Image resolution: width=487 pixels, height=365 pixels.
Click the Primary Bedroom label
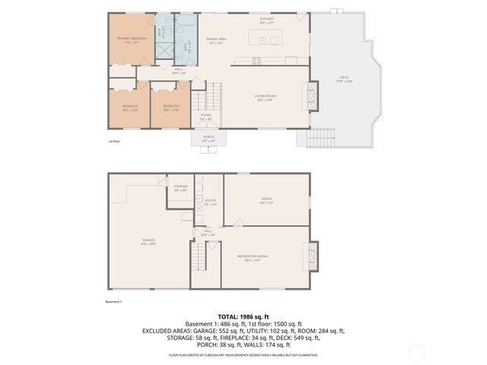click(132, 40)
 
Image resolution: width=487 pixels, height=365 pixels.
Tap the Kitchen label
click(266, 20)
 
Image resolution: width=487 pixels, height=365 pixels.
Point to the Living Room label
click(265, 97)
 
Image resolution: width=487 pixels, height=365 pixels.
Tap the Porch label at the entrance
click(208, 138)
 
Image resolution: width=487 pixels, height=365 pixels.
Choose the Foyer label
click(205, 117)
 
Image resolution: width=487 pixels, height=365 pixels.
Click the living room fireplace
click(310, 97)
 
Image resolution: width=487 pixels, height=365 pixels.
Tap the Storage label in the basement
click(180, 187)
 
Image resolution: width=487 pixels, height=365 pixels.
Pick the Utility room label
click(211, 202)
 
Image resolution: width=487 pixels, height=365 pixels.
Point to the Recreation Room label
click(252, 257)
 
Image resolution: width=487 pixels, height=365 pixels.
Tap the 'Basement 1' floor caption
click(114, 301)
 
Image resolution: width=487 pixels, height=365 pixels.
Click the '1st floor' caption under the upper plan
click(114, 141)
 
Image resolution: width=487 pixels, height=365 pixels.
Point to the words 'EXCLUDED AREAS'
click(166, 331)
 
